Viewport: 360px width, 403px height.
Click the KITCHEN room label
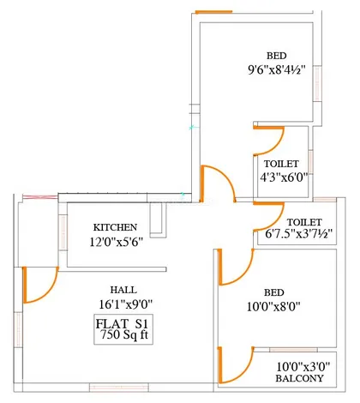[115, 227]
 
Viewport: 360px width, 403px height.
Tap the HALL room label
[123, 290]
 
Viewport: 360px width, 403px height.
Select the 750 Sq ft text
[124, 334]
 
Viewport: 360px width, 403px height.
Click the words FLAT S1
[122, 324]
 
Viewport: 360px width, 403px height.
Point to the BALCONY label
[299, 378]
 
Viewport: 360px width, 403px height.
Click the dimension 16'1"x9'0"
[126, 304]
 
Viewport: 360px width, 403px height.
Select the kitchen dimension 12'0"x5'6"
[116, 243]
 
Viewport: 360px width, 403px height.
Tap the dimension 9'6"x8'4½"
[277, 69]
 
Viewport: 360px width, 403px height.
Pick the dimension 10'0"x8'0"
[273, 307]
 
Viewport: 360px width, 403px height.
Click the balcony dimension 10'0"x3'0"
[303, 366]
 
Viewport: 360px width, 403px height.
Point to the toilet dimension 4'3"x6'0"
[284, 177]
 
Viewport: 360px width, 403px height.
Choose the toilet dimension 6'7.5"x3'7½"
[299, 234]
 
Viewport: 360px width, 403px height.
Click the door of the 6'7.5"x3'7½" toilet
[276, 223]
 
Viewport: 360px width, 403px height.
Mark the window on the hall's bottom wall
[119, 388]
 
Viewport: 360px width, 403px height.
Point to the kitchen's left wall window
[63, 232]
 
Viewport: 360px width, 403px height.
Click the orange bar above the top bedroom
[213, 12]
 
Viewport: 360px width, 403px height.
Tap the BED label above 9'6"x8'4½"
[276, 56]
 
